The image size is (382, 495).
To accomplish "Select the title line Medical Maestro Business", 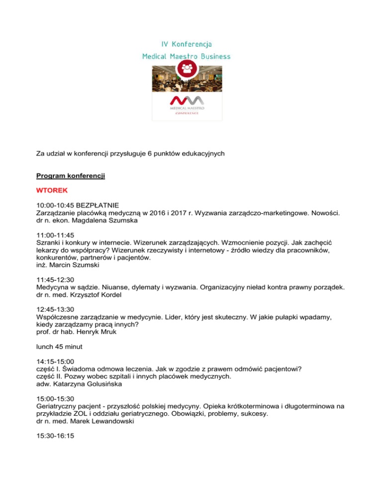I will point(187,57).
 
